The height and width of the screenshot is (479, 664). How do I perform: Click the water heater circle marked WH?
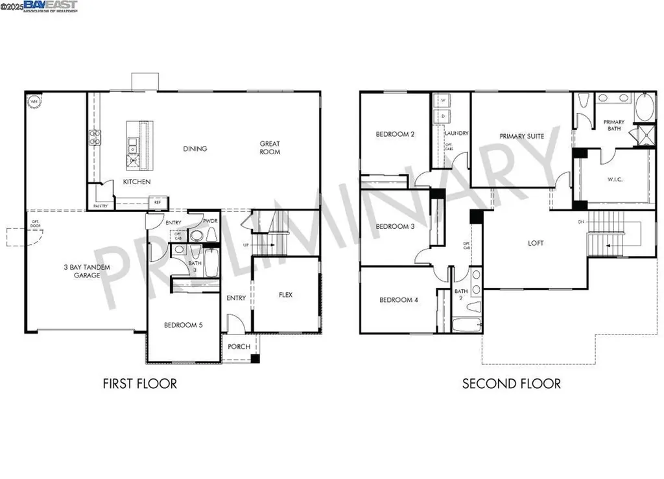pos(32,100)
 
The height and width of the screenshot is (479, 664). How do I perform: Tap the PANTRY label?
pos(100,205)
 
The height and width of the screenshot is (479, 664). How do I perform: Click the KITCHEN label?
pos(137,182)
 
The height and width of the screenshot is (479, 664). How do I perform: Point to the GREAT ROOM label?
pos(270,148)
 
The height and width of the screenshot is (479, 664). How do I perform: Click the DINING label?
pos(195,148)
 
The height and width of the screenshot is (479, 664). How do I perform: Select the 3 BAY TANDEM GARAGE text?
pos(82,271)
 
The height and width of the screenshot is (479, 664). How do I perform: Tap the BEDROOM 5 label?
pos(183,325)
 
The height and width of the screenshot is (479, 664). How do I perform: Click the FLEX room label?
pos(285,295)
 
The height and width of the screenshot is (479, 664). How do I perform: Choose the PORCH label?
pos(239,347)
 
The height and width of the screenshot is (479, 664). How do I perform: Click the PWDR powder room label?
pos(209,221)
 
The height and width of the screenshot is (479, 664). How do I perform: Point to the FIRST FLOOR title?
pos(139,384)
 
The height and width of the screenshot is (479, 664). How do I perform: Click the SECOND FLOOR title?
pos(511,384)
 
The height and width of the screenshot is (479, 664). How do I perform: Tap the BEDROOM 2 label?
pos(395,134)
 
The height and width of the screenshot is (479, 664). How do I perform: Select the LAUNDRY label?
pos(456,134)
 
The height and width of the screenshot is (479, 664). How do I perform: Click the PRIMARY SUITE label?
pos(521,136)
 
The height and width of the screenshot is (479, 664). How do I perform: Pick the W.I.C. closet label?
pos(614,179)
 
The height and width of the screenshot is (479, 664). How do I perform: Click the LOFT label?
pos(536,243)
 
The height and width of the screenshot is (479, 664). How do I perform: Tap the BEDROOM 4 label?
pos(397,300)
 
